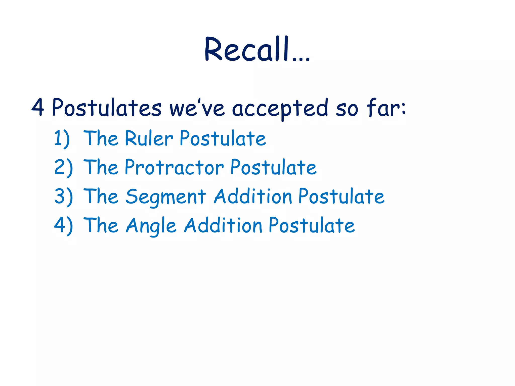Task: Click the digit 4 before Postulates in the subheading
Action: pos(38,107)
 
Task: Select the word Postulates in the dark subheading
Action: pos(107,107)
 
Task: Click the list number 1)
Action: pos(62,138)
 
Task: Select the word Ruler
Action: pos(149,138)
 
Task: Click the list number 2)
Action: pos(63,168)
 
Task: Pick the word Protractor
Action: pos(174,168)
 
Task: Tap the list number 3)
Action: pos(63,197)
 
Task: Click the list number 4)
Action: pos(63,225)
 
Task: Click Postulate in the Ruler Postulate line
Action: pos(223,138)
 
